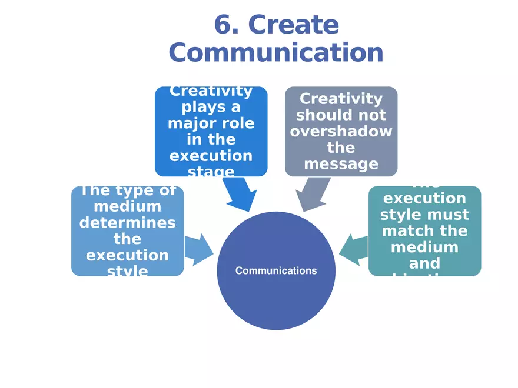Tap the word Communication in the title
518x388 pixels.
(x=276, y=52)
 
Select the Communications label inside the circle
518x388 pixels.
(x=276, y=271)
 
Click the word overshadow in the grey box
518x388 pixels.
(x=341, y=131)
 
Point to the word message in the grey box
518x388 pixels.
(x=341, y=163)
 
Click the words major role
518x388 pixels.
(x=211, y=123)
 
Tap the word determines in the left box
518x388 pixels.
(x=127, y=223)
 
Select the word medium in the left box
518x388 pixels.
(x=127, y=206)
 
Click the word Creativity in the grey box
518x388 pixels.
(x=341, y=99)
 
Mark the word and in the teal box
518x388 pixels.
(x=424, y=263)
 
